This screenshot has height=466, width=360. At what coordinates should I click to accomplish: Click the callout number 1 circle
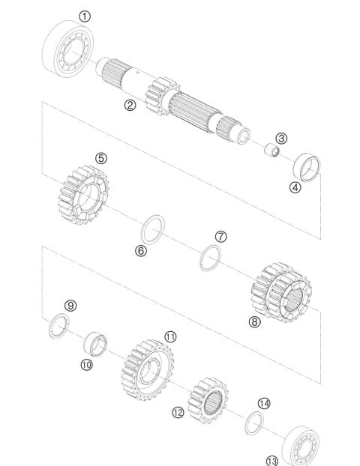coord(85,15)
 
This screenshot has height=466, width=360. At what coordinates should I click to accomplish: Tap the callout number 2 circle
coord(130,105)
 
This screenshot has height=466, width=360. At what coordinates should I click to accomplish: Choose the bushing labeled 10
coord(96,344)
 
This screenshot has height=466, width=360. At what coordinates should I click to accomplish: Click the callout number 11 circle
coord(171,337)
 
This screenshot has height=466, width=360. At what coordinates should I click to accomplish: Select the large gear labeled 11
coord(146,370)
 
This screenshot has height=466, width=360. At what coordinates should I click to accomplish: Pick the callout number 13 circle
coord(271,459)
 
